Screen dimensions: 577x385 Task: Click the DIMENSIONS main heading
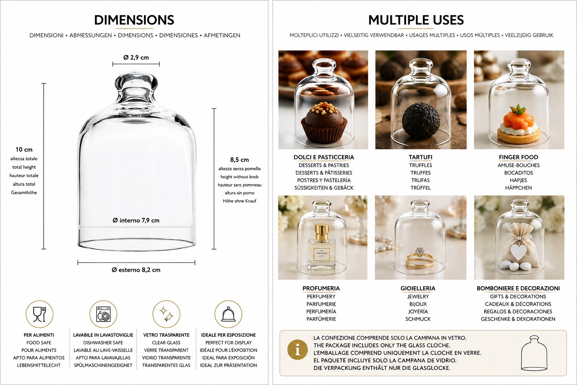pos(134,20)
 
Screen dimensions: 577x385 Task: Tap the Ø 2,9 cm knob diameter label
pos(136,58)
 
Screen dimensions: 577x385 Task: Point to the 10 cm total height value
pos(24,150)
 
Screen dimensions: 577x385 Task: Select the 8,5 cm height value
pos(240,160)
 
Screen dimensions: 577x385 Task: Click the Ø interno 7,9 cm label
pos(136,220)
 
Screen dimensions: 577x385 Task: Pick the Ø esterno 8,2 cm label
pos(136,270)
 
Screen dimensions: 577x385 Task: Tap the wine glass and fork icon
pos(39,314)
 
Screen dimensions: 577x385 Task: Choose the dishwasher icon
pos(103,314)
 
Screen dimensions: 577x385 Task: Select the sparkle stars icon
pos(166,314)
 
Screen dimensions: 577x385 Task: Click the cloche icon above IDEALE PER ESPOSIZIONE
pos(228,314)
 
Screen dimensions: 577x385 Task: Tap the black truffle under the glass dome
pos(421,121)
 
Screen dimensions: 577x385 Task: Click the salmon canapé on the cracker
pos(518,124)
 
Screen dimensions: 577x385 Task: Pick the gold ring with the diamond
pos(420,259)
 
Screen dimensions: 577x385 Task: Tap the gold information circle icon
pos(298,350)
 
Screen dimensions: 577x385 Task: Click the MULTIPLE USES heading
pos(416,20)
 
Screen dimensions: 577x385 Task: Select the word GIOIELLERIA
pos(418,288)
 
